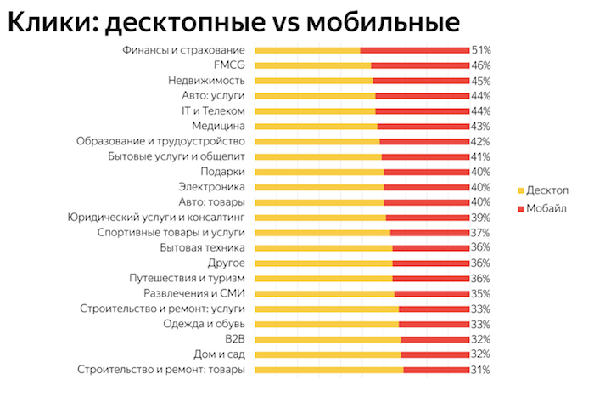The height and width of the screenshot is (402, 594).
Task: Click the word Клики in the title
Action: pyautogui.click(x=46, y=22)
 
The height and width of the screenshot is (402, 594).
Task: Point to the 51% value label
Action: pyautogui.click(x=481, y=50)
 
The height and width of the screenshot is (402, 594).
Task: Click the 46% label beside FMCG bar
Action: pyautogui.click(x=481, y=65)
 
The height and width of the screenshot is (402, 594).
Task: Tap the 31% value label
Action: pyautogui.click(x=481, y=370)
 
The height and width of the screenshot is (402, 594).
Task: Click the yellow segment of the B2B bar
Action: pyautogui.click(x=327, y=339)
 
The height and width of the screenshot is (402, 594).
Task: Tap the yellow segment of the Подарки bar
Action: pyautogui.click(x=318, y=172)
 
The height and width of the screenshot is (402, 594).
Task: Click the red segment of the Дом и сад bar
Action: pyautogui.click(x=434, y=354)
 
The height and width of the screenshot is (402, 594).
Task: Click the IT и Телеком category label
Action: pyautogui.click(x=213, y=111)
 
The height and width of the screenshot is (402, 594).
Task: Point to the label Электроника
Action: pyautogui.click(x=212, y=187)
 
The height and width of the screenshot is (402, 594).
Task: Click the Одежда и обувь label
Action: pyautogui.click(x=204, y=324)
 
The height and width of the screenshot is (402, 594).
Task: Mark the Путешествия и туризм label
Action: pyautogui.click(x=187, y=278)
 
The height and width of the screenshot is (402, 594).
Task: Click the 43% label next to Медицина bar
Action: pyautogui.click(x=481, y=126)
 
